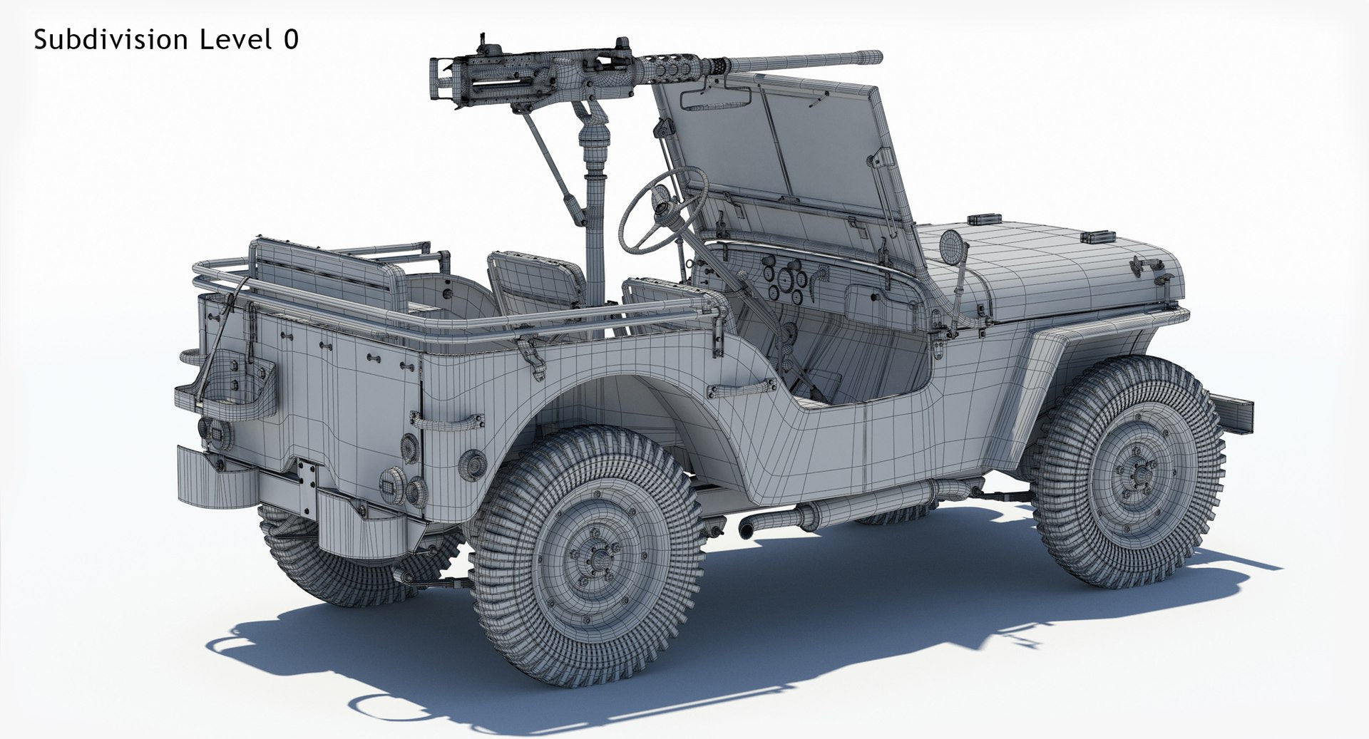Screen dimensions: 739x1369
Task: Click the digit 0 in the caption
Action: point(290,40)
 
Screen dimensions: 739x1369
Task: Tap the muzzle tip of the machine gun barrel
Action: point(878,56)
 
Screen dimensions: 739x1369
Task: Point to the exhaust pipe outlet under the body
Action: point(746,530)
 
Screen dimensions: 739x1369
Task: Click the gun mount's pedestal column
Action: point(595,228)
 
